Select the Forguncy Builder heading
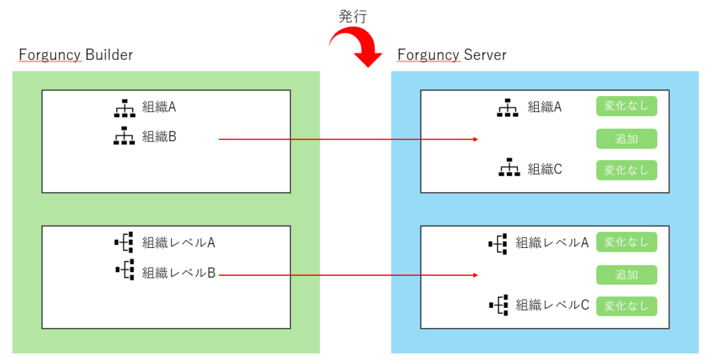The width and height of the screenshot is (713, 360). coord(76,54)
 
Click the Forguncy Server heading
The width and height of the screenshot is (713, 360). coord(452,54)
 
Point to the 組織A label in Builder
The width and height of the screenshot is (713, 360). coord(159,107)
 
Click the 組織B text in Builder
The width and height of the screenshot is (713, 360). coord(159,136)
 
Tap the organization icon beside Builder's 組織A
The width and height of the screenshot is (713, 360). coord(124,108)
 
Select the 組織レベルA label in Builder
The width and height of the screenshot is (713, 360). coord(178,242)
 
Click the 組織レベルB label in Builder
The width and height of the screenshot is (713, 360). coord(178,272)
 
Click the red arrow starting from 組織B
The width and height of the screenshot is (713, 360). coord(348,139)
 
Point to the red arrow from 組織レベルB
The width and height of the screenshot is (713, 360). coord(348,276)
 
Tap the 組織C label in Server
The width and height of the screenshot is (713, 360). coord(544,169)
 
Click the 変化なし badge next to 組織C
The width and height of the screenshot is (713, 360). coord(627,170)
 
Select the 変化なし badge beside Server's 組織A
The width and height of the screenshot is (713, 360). coord(627,107)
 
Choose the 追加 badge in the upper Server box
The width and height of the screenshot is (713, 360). coord(627,139)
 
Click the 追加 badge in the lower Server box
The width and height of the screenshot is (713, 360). coord(627,274)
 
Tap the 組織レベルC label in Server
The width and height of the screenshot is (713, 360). coord(553,305)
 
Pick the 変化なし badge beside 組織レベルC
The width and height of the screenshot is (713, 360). coord(627,306)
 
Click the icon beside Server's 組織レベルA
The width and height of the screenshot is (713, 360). coord(498,243)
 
